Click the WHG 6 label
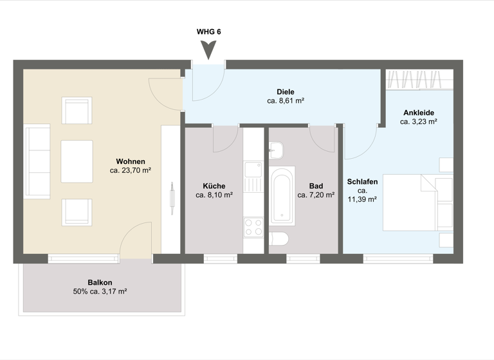tap(208, 31)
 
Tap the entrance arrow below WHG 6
tap(208, 50)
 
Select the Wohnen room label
tap(131, 161)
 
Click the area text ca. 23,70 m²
tap(131, 171)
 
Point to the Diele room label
tap(286, 91)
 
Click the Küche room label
tap(214, 186)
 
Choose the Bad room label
tap(316, 186)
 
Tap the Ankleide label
tap(419, 111)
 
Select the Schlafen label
tap(362, 182)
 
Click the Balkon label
tap(100, 282)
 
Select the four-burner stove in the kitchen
tap(253, 228)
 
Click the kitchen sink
tap(253, 170)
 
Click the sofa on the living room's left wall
tap(37, 162)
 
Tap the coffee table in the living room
tap(77, 161)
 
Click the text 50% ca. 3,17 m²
tap(100, 292)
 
